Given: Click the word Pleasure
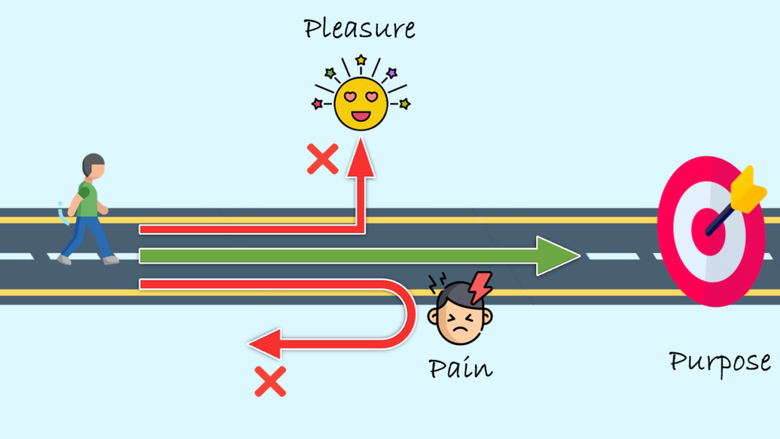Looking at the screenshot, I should point(360,29).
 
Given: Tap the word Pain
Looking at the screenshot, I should point(460,369).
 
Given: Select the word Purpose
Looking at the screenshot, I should point(720,361).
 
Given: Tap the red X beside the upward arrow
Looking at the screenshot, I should point(322,159).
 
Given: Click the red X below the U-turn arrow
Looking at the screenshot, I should point(270,381).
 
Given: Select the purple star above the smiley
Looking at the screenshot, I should point(392,73).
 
